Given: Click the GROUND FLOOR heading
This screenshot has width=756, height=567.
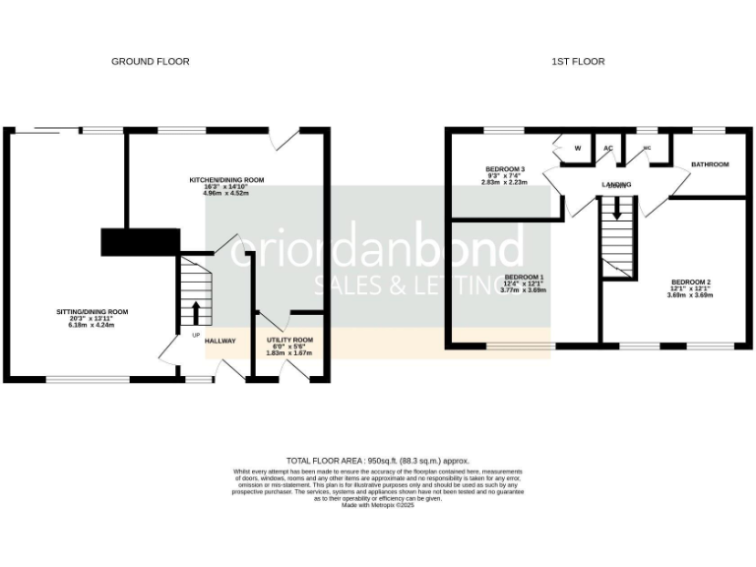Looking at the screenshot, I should coord(150,61).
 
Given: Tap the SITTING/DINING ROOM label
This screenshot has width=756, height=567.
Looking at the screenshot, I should coord(92,312).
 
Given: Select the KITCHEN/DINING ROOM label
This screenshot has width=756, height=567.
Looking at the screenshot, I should coord(227,180).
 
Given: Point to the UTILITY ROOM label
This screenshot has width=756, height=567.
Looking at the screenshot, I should coord(290,340).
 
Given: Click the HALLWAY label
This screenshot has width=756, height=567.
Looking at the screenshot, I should coord(220,341).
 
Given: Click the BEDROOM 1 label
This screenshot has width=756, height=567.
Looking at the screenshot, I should coord(525,277).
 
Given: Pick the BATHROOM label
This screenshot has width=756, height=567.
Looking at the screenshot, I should coord(710,164).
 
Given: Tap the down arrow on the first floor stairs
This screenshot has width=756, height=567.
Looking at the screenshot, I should coord(617,209).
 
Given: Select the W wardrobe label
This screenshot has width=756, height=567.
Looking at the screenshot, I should coord(578,149).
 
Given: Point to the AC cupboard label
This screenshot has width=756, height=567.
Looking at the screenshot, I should coord(608,149).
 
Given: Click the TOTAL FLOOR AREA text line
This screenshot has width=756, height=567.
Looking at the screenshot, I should coord(378,460).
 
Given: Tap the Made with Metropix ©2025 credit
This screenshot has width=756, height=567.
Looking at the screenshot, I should coord(378,504).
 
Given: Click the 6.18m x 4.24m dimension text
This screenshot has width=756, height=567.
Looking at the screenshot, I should coord(92,326).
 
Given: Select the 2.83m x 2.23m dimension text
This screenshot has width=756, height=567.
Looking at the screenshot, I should coord(504,182).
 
